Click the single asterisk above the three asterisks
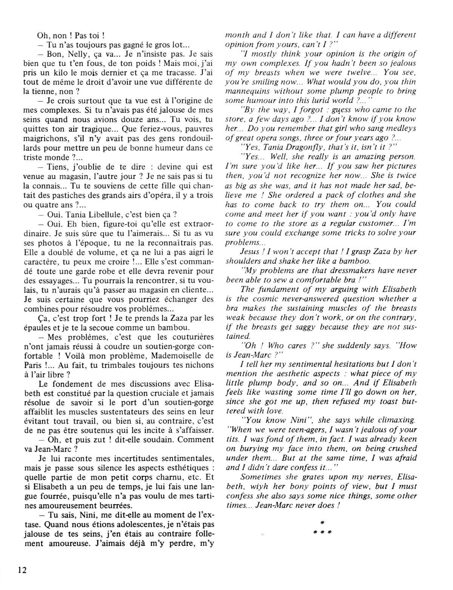click(322, 523)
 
